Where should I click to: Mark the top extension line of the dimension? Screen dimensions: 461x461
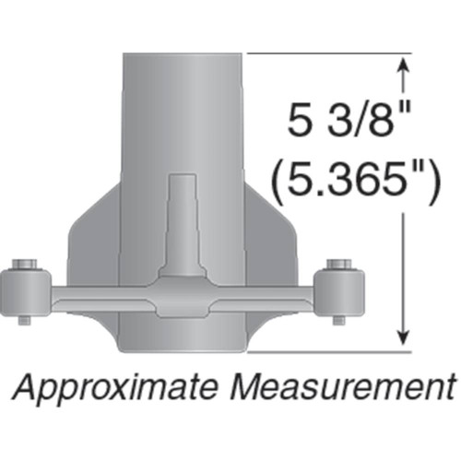coord(323,53)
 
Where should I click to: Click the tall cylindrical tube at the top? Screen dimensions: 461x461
coord(183,101)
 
